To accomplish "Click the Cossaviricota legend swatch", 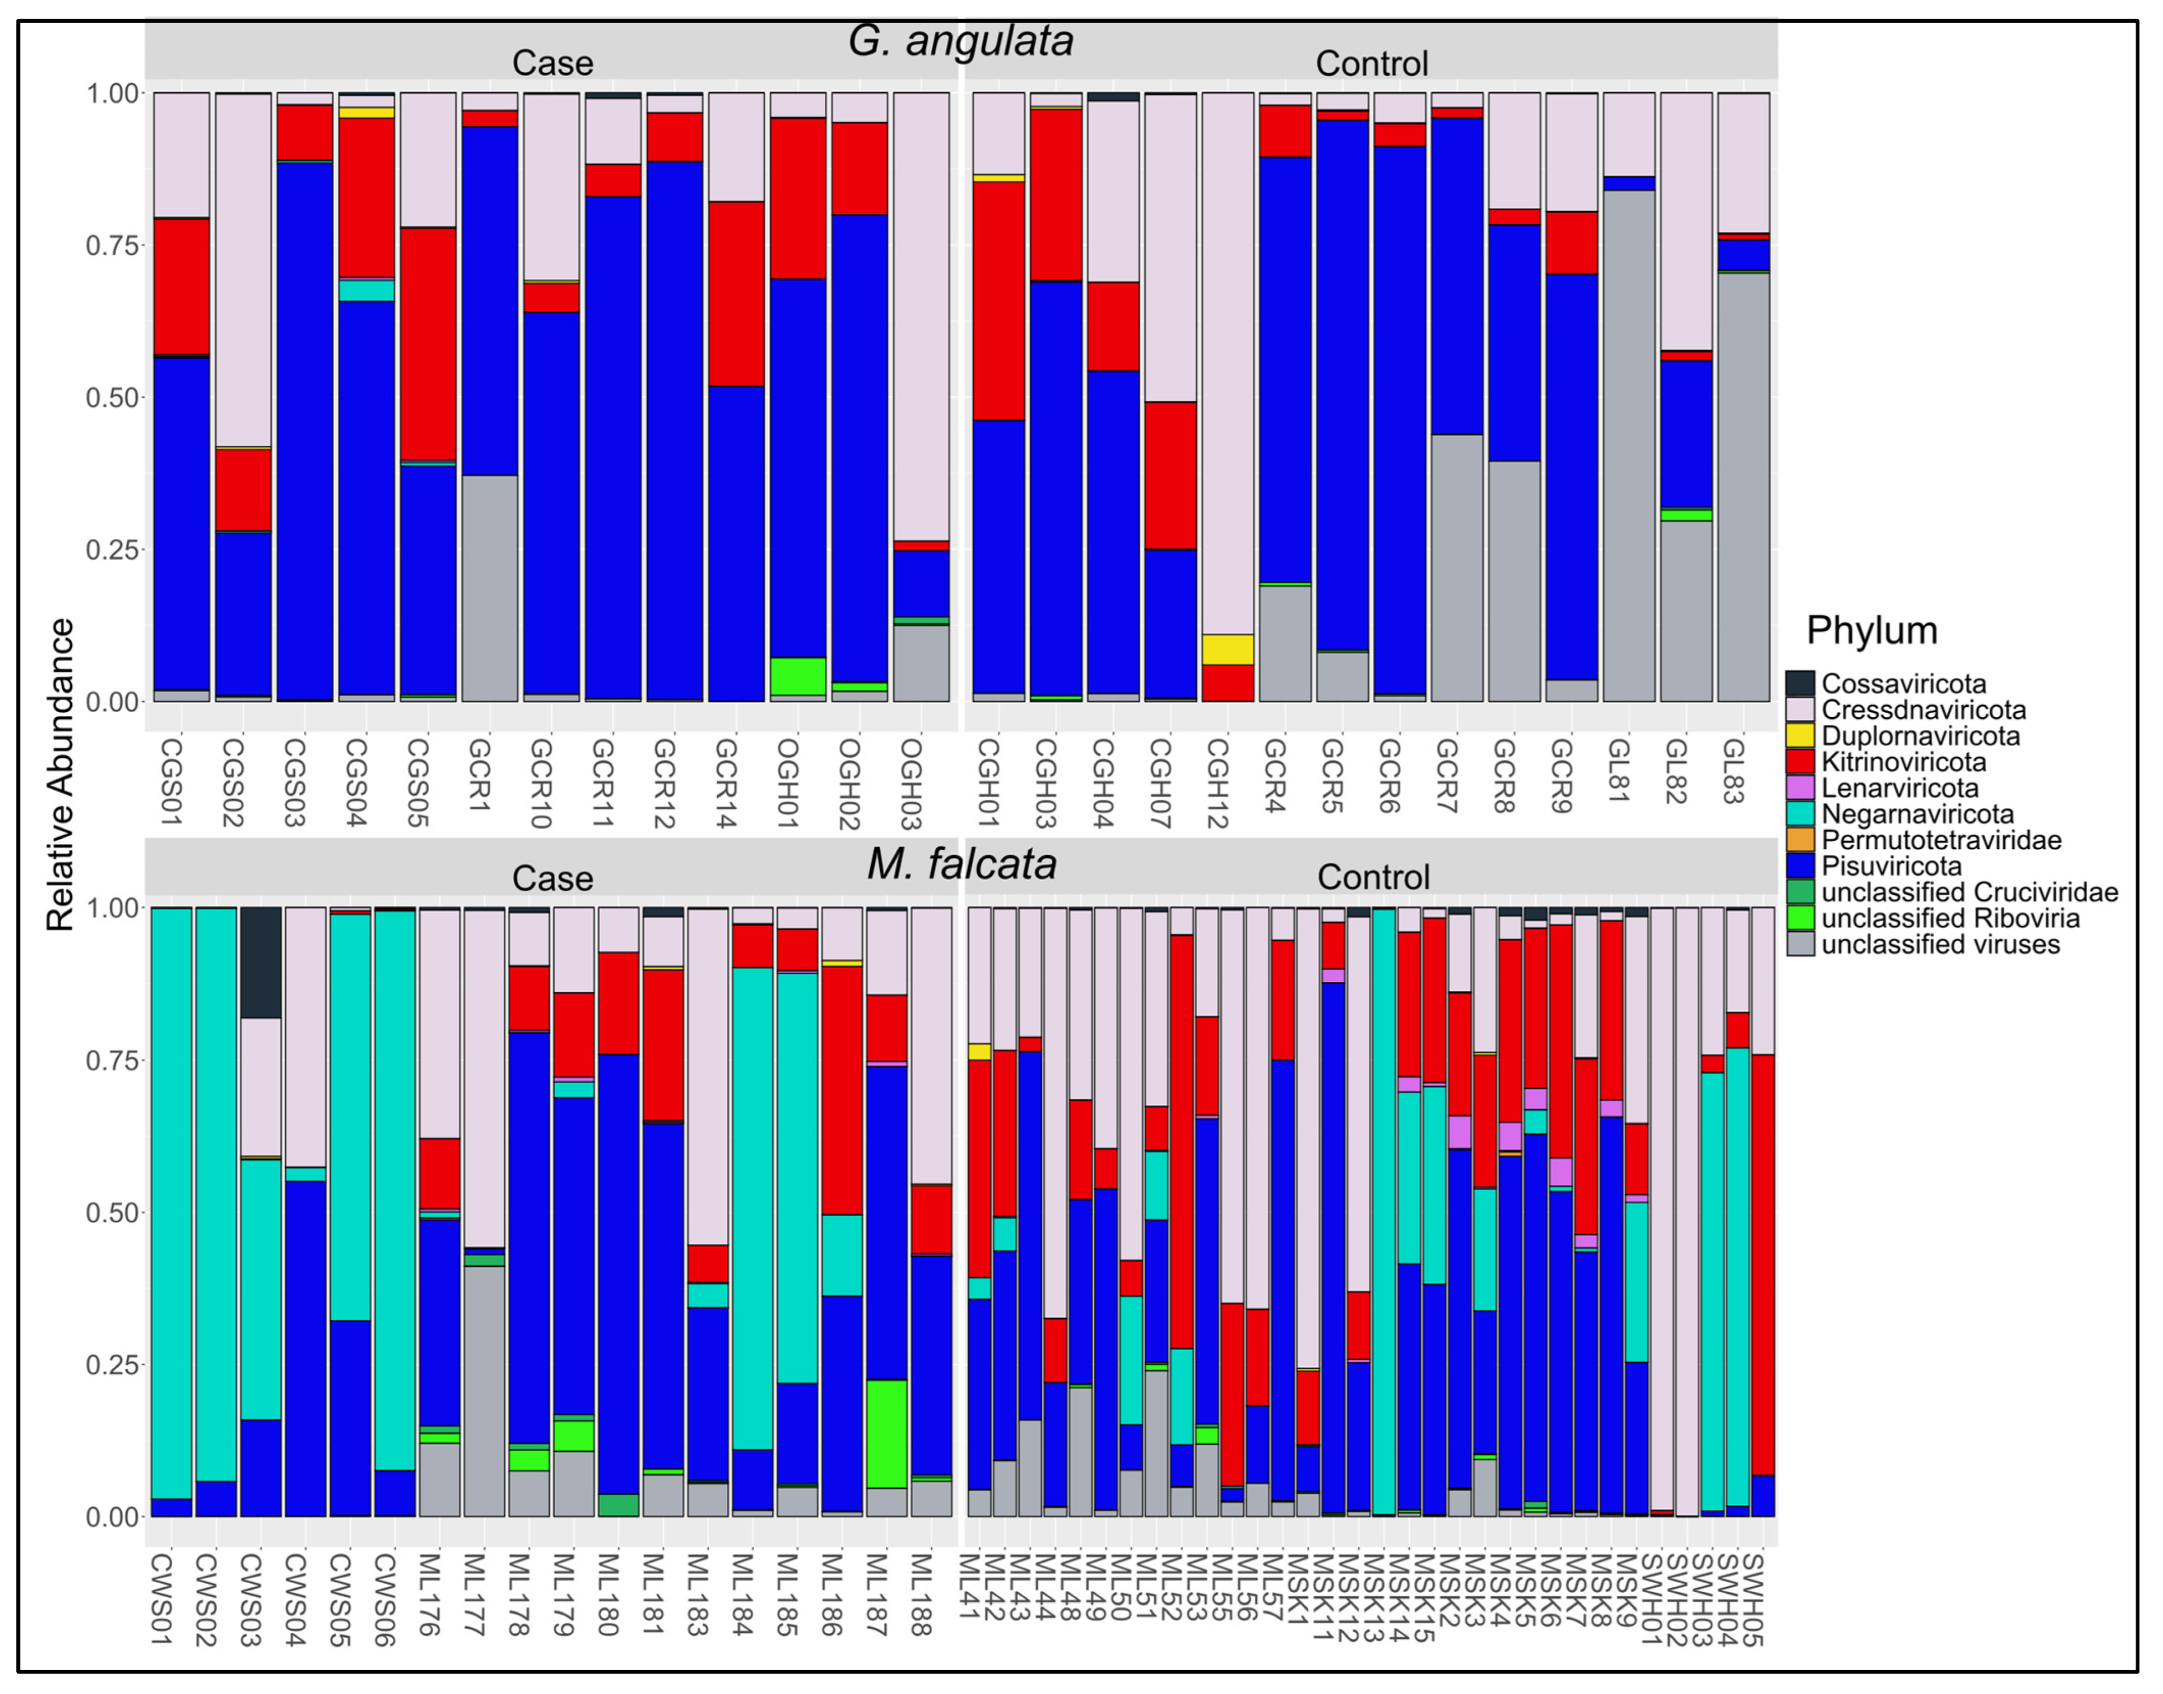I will pos(1800,683).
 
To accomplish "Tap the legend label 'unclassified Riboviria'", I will pos(1950,919).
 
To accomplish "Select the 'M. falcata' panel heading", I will pos(960,864).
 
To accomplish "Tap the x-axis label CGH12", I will pos(1218,783).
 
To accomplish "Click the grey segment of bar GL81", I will pos(1629,447).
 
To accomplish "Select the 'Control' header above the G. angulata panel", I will pos(1372,63).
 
